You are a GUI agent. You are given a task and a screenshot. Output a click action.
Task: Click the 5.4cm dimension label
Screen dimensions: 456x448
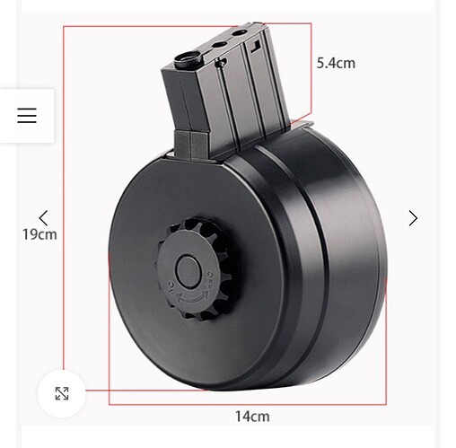pyautogui.click(x=336, y=63)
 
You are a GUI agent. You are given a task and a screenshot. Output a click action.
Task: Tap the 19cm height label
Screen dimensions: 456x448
pyautogui.click(x=39, y=234)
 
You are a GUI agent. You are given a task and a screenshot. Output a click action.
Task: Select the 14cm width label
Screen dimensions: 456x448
pyautogui.click(x=252, y=417)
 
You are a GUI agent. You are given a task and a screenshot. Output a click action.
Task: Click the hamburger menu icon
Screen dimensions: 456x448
pyautogui.click(x=27, y=116)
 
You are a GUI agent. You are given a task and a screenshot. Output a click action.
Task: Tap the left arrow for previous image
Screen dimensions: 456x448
pyautogui.click(x=43, y=218)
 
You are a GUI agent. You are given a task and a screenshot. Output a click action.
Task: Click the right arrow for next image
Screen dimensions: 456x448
pyautogui.click(x=413, y=218)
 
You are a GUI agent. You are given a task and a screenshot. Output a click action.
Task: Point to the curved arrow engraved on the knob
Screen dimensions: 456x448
pyautogui.click(x=193, y=298)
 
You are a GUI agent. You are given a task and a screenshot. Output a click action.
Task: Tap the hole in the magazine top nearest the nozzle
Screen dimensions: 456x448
pyautogui.click(x=219, y=45)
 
